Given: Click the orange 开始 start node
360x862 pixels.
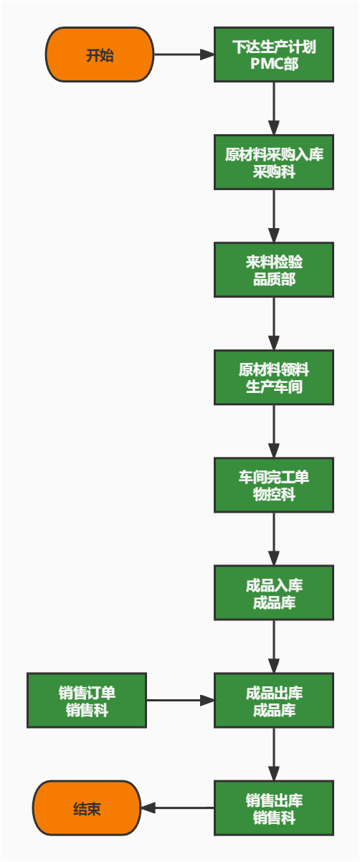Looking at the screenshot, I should (100, 55).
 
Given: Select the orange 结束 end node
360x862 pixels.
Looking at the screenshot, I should (87, 808).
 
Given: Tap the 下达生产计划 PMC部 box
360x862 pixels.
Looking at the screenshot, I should (274, 55).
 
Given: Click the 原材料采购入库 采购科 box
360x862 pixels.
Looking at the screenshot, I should (274, 163).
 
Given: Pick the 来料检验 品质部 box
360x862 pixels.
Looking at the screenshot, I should (274, 270).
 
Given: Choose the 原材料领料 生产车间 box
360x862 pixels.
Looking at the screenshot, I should (274, 378).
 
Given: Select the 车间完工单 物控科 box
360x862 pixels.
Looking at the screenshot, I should (274, 486).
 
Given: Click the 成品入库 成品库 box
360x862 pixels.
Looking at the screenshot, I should (274, 593).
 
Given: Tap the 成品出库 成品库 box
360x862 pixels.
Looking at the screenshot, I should (274, 701).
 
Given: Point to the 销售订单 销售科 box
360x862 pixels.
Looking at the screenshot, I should (87, 701).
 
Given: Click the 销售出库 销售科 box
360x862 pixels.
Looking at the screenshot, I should (274, 808).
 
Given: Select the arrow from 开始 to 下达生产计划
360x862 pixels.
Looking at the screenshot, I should (184, 55).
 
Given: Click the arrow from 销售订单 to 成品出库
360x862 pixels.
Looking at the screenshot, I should (180, 701).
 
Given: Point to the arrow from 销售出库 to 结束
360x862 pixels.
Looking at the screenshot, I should (177, 808).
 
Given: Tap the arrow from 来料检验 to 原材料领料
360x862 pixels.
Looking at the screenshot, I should (274, 323).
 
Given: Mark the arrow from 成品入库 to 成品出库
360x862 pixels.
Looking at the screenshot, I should (274, 646).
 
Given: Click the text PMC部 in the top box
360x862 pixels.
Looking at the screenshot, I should (274, 64).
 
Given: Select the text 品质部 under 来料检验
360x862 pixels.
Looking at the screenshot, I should (274, 280).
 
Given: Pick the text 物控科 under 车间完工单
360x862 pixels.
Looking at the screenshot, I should (274, 495).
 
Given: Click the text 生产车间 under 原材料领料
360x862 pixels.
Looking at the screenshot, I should (274, 387).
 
